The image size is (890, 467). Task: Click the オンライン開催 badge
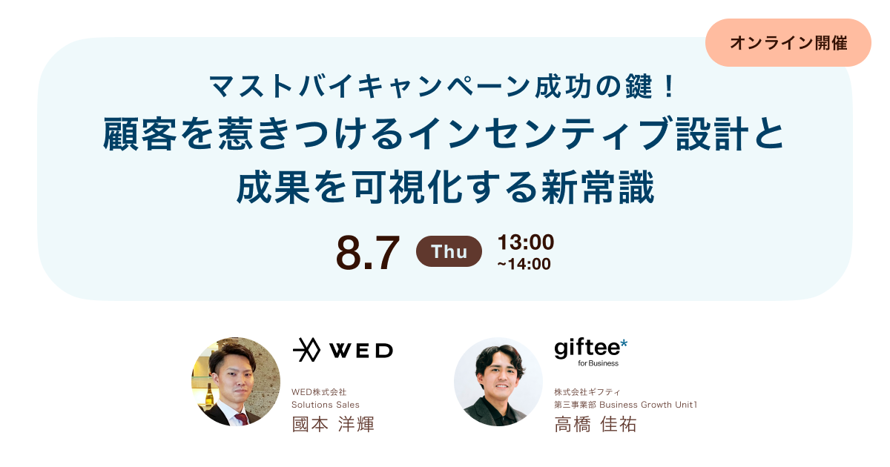[x=788, y=43]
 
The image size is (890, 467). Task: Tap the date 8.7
[x=368, y=253]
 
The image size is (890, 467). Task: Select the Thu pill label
[x=449, y=251]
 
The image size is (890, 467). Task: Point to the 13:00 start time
[x=526, y=242]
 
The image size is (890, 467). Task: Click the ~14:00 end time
[x=524, y=264]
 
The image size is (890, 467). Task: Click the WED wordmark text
[x=360, y=350]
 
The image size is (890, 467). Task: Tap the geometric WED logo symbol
[x=306, y=350]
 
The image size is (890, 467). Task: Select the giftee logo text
[x=586, y=348]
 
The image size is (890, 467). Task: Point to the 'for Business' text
[x=598, y=363]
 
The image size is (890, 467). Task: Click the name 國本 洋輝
[x=333, y=425]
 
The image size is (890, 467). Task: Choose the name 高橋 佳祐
[x=596, y=425]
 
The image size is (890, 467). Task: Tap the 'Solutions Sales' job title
[x=326, y=405]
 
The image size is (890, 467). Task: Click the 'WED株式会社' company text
[x=319, y=392]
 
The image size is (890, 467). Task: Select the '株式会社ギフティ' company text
[x=587, y=392]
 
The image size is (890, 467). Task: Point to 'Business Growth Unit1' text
[x=648, y=405]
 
